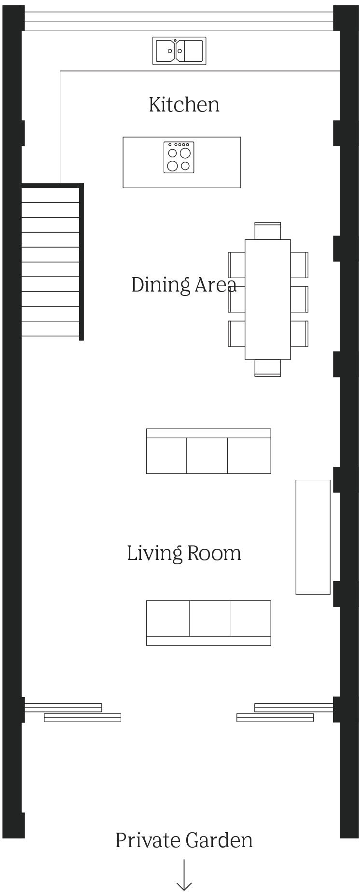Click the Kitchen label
click(184, 105)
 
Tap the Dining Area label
click(183, 285)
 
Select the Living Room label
click(184, 553)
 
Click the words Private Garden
click(184, 840)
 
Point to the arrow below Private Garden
click(184, 874)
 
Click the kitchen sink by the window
click(179, 51)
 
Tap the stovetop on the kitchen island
click(179, 157)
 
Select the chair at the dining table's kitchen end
click(267, 231)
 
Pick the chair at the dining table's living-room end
click(267, 368)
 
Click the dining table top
click(267, 299)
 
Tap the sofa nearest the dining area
click(208, 451)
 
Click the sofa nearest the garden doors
click(208, 623)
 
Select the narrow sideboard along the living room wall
click(313, 537)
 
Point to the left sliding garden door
click(72, 712)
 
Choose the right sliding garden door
click(285, 712)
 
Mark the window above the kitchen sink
click(179, 21)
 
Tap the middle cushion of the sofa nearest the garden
click(210, 618)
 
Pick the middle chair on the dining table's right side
click(299, 299)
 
